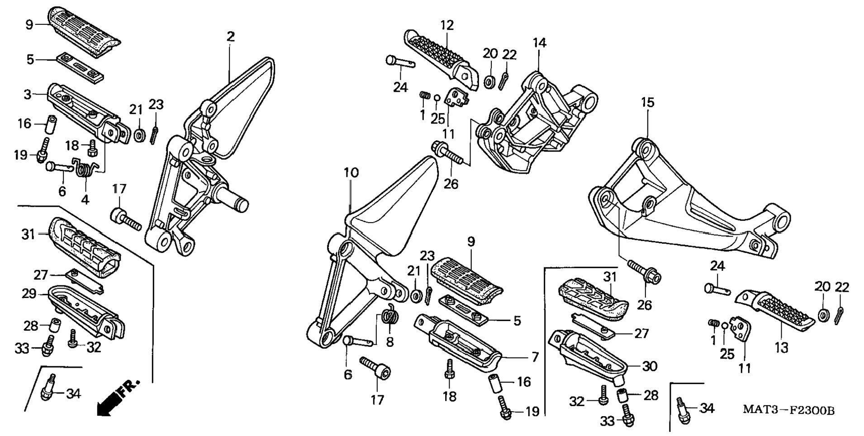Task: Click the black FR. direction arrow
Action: (119, 397)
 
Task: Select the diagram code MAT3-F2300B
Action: (789, 410)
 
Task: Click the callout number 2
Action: (231, 37)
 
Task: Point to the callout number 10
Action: (351, 173)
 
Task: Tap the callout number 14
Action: (539, 43)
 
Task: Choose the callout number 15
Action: (648, 103)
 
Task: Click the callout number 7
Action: (535, 357)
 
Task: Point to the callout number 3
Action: (28, 95)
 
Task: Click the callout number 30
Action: (650, 366)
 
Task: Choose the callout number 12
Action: (447, 25)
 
